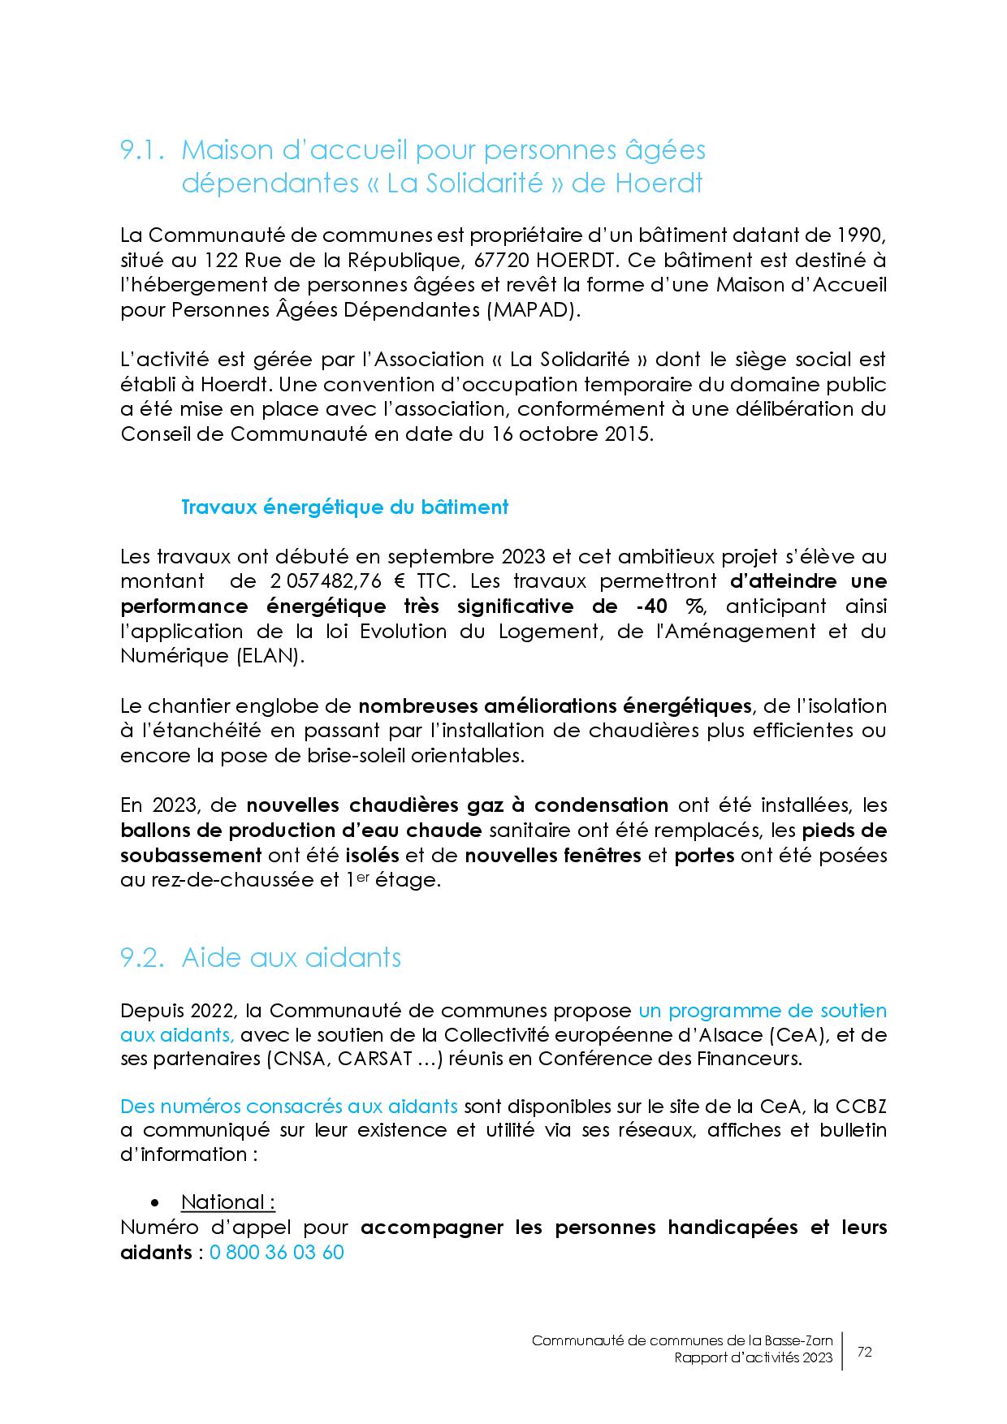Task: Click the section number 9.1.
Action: click(144, 150)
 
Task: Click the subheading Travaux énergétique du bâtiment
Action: click(344, 507)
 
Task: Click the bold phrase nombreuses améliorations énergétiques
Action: click(555, 706)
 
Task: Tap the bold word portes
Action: click(704, 856)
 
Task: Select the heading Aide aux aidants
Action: click(291, 958)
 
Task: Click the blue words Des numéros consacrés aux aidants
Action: click(289, 1107)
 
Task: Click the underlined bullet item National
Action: click(227, 1202)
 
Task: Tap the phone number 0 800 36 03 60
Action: click(277, 1253)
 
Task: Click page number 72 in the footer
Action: click(865, 1353)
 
